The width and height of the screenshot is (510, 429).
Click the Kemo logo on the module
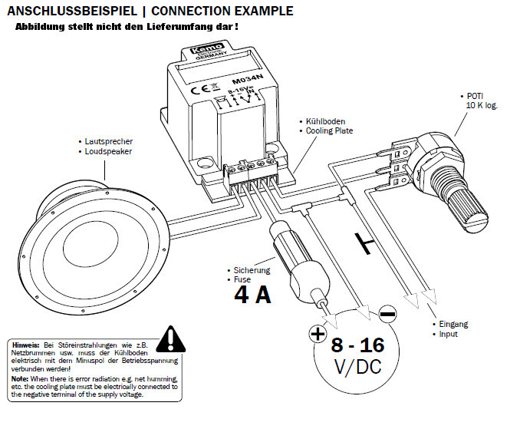coord(207,49)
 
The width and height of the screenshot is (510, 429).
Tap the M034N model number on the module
coord(248,79)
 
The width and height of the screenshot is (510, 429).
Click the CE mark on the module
coord(199,89)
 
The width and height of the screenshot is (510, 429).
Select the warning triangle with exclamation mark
coord(171,339)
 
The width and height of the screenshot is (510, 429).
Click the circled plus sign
coord(318,334)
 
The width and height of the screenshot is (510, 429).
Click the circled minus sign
coord(388,314)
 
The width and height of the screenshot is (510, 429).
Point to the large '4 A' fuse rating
coord(252,295)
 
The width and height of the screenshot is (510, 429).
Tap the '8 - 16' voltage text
coord(358,345)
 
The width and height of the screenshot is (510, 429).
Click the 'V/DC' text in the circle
coord(358,367)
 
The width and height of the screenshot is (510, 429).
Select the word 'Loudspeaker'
coord(108,151)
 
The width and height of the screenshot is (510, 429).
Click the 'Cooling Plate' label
coord(329,130)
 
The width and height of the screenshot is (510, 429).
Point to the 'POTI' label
coord(475,96)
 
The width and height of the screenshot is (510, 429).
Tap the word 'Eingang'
coord(453,324)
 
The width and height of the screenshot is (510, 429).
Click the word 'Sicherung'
coord(252,270)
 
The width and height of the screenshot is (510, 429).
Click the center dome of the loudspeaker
coord(90,243)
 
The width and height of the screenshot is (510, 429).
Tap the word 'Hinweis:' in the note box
coord(26,345)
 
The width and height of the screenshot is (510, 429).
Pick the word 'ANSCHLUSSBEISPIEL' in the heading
coord(72,11)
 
